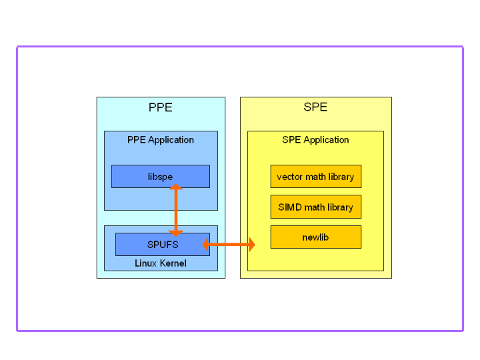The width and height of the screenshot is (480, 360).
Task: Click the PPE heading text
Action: [x=160, y=107]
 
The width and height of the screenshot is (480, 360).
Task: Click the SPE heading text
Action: [x=315, y=107]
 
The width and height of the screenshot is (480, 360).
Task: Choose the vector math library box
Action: [x=315, y=177]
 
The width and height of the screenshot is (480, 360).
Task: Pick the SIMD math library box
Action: [x=315, y=207]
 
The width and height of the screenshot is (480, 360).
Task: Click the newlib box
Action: [x=315, y=237]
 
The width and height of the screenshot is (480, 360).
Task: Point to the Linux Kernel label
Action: [x=160, y=263]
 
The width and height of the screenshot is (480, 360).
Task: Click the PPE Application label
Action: [x=160, y=140]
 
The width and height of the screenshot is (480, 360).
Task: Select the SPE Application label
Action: [x=315, y=140]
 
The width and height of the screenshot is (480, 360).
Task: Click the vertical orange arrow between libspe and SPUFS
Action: [x=176, y=210]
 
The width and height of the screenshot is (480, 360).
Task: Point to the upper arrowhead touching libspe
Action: [x=176, y=188]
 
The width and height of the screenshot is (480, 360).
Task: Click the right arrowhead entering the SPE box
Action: [x=251, y=245]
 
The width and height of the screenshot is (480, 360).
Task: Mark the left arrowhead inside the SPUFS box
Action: [x=206, y=245]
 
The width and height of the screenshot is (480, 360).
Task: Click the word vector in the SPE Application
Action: [x=289, y=177]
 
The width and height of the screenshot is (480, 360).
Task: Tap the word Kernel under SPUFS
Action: [x=173, y=263]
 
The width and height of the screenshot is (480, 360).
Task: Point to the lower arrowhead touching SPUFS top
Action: [x=176, y=233]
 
